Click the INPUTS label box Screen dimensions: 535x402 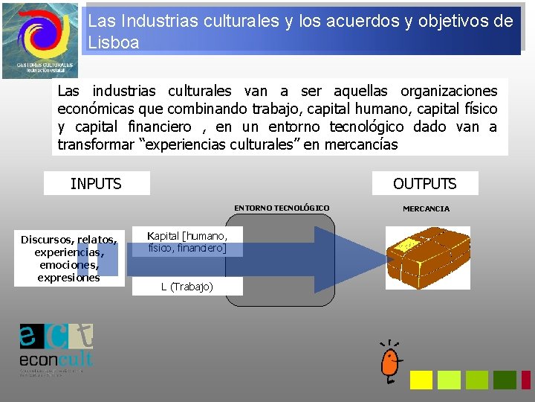tap(97, 183)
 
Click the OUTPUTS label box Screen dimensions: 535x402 tap(424, 183)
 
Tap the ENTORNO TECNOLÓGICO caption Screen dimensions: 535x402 tap(282, 208)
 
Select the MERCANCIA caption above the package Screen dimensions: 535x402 tap(426, 208)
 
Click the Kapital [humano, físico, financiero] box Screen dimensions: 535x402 tap(187, 241)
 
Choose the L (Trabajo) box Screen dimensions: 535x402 tap(187, 287)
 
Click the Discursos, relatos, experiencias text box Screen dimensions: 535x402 tap(69, 258)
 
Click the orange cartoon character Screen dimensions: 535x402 tap(389, 363)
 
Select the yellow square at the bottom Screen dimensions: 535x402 tap(421, 380)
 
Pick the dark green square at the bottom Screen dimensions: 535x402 tap(505, 380)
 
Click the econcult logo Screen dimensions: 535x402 tap(56, 346)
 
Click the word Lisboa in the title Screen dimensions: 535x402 tap(114, 42)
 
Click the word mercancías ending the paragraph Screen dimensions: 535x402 tap(360, 144)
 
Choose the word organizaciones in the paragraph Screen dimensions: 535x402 tap(449, 91)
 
